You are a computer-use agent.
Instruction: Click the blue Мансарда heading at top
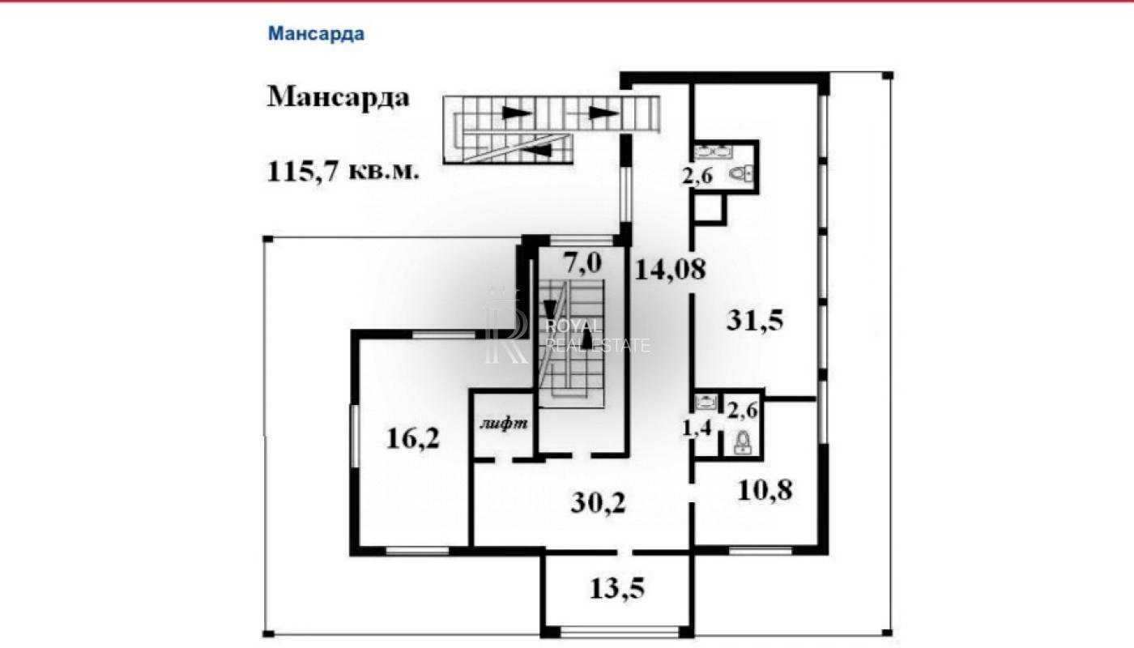point(316,34)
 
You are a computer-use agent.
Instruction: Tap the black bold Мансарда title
point(339,96)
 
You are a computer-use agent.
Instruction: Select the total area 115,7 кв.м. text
point(343,171)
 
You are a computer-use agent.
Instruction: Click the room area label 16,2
point(412,438)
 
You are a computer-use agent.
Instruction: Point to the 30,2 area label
point(598,503)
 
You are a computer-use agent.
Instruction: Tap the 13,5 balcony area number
point(617,588)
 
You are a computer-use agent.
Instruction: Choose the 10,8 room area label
point(765,489)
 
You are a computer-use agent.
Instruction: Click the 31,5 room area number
point(755,321)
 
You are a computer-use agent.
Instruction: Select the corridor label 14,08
point(671,269)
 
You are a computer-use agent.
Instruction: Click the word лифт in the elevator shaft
point(504,423)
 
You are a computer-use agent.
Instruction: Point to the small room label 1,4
point(697,428)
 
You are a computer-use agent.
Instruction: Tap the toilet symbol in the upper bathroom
point(742,174)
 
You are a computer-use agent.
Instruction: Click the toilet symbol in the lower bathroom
point(742,442)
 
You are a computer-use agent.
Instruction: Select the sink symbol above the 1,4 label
point(706,402)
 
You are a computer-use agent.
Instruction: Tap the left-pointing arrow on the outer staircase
point(536,149)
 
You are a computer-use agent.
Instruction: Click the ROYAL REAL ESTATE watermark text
point(598,335)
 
